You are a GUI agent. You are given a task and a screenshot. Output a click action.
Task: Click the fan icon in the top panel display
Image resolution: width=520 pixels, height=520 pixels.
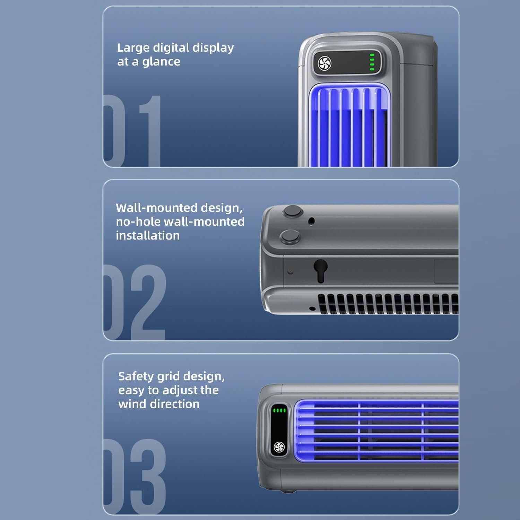pyautogui.click(x=325, y=63)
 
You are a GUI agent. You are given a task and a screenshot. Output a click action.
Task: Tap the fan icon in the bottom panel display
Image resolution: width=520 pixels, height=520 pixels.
pyautogui.click(x=279, y=447)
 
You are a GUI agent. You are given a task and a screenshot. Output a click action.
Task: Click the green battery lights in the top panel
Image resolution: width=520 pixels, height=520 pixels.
pyautogui.click(x=372, y=62)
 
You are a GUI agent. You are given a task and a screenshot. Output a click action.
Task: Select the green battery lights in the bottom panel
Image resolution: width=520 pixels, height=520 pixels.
pyautogui.click(x=279, y=410)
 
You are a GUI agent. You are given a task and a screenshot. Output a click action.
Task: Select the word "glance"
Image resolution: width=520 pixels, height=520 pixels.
pyautogui.click(x=161, y=62)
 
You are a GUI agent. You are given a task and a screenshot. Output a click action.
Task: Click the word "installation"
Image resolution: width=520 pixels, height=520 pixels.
pyautogui.click(x=148, y=235)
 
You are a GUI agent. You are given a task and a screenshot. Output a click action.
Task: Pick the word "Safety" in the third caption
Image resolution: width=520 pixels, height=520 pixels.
pyautogui.click(x=136, y=377)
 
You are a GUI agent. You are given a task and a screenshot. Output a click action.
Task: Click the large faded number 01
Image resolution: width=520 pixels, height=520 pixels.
pyautogui.click(x=132, y=131)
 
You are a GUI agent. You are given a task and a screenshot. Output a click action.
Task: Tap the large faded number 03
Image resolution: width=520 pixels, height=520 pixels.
pyautogui.click(x=135, y=477)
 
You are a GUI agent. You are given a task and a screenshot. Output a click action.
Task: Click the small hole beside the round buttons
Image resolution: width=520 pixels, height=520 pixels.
pyautogui.click(x=311, y=221)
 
